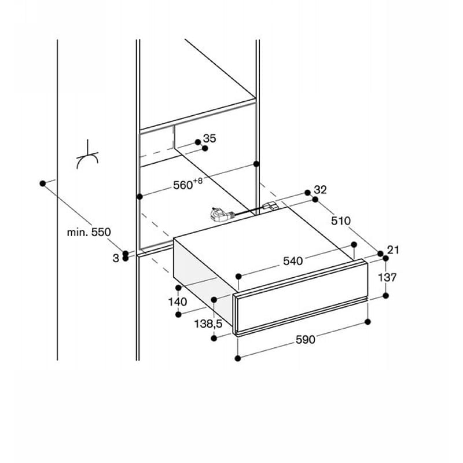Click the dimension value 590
[x=306, y=340]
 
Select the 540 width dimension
[x=293, y=261]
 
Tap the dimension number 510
[x=341, y=221]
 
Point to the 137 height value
[x=387, y=277]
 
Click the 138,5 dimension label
[x=208, y=324]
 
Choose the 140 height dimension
[x=178, y=302]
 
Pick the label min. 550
[x=89, y=232]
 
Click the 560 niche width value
[x=183, y=185]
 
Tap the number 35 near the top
[x=210, y=138]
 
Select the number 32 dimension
[x=321, y=190]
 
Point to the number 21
[x=393, y=250]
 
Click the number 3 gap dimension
[x=116, y=258]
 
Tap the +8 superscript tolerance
[x=198, y=181]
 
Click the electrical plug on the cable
[x=219, y=214]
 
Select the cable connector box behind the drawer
[x=270, y=205]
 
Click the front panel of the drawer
[x=300, y=297]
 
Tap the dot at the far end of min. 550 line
[x=42, y=183]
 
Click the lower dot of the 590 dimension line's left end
[x=238, y=358]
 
